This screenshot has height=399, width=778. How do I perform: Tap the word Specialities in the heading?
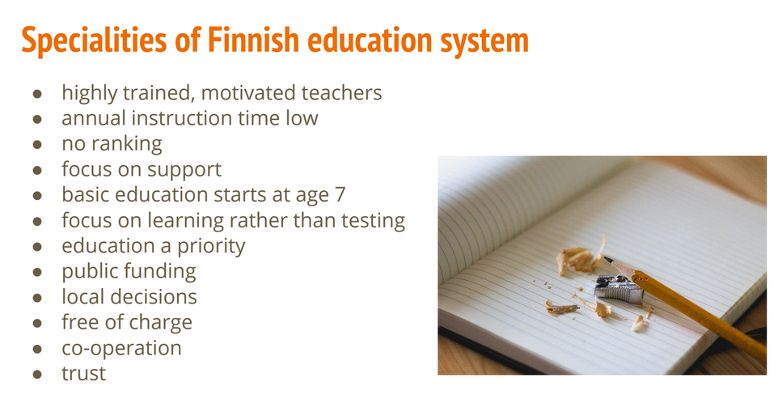coord(95,40)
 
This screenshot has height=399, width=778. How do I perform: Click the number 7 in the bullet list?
coord(340,194)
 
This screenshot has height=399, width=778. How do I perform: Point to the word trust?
coord(83,373)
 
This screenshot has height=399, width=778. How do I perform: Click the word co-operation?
coord(121,348)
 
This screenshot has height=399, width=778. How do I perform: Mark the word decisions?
coord(157,297)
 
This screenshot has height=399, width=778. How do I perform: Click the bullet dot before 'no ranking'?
coord(37,144)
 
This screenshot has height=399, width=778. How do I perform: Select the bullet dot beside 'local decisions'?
coord(37,298)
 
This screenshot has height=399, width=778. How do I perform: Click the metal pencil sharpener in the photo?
coord(618,288)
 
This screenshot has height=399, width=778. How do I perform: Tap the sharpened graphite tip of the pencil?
coord(607,259)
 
